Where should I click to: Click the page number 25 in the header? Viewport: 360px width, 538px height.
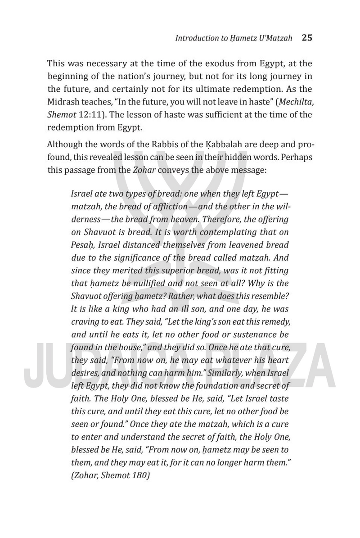click(307, 38)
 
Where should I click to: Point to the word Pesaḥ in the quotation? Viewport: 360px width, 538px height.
click(82, 245)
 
